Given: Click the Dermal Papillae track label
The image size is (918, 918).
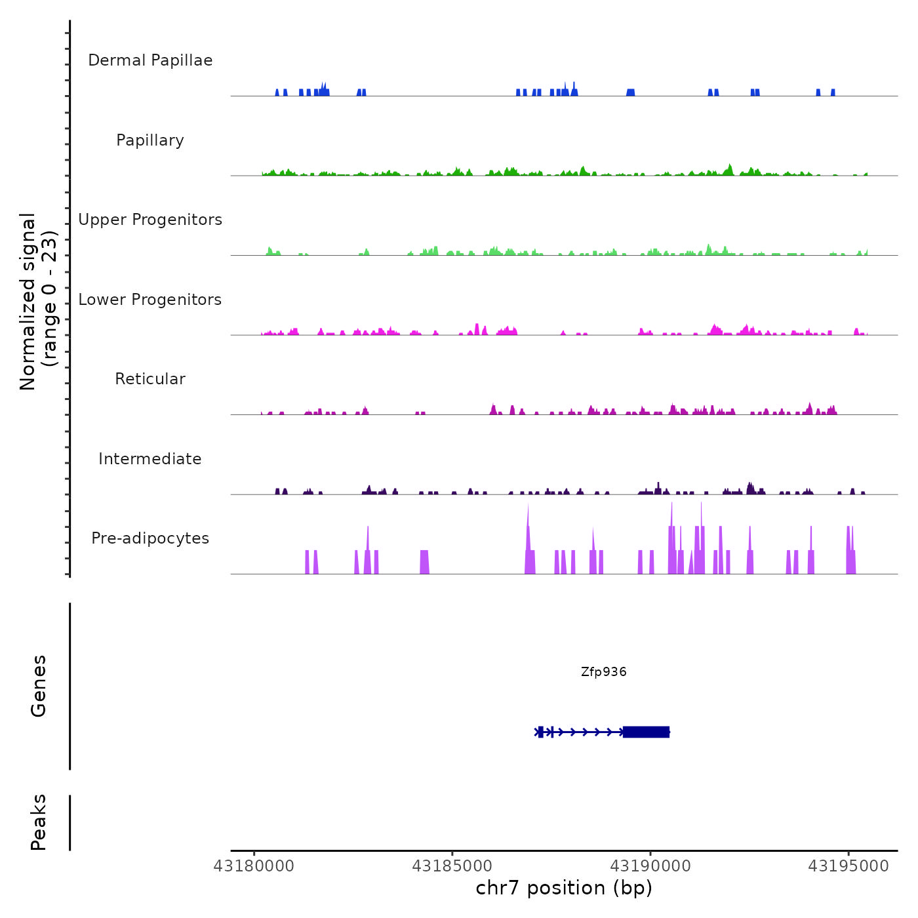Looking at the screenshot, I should (150, 60).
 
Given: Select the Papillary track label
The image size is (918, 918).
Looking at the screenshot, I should (150, 140).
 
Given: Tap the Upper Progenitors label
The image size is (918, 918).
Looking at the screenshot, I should (150, 220).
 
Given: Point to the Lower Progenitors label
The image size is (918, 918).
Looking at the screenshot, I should (150, 300).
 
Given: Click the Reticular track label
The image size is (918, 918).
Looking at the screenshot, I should (150, 379).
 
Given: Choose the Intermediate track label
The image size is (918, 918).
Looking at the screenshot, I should (150, 459).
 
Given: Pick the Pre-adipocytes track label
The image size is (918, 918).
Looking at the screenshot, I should (150, 538).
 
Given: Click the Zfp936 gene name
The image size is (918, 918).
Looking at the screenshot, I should (603, 672).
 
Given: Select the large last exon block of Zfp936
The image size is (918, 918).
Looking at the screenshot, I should (646, 732).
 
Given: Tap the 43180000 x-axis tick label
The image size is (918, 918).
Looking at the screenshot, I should (254, 866).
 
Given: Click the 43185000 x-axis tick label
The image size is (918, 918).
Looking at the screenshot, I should (452, 866).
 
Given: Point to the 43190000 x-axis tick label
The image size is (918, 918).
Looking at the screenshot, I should (650, 866).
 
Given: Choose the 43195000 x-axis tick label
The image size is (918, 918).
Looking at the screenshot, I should (848, 866).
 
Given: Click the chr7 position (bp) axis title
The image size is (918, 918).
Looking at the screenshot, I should (564, 888).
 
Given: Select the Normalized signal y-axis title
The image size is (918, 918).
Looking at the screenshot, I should (38, 301).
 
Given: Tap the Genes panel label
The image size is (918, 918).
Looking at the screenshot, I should (39, 686).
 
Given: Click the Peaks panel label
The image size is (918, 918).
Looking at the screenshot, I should (39, 822).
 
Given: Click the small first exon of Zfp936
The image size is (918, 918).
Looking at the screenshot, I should (540, 732).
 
